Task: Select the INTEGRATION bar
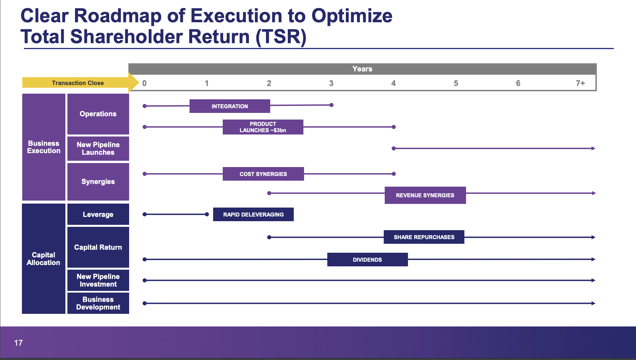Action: [230, 106]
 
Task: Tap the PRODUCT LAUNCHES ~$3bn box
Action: [263, 127]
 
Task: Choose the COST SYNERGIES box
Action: [263, 174]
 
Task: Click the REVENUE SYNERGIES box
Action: [425, 195]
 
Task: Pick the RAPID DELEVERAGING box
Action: [253, 215]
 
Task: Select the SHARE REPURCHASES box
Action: [424, 237]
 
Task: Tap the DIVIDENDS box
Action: [367, 260]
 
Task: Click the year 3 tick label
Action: [331, 83]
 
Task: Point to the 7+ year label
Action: [580, 83]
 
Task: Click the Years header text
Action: [362, 69]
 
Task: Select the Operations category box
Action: [98, 114]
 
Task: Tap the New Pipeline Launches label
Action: [98, 148]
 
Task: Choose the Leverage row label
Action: [98, 215]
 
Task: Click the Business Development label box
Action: [98, 303]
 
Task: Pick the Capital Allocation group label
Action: [43, 259]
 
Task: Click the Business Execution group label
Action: [44, 147]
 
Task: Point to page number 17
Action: [19, 343]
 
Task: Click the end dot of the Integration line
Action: [331, 105]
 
